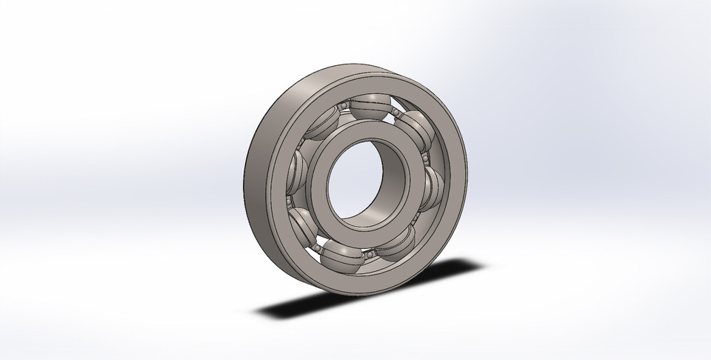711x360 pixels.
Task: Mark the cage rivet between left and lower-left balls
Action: tap(288, 200)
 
